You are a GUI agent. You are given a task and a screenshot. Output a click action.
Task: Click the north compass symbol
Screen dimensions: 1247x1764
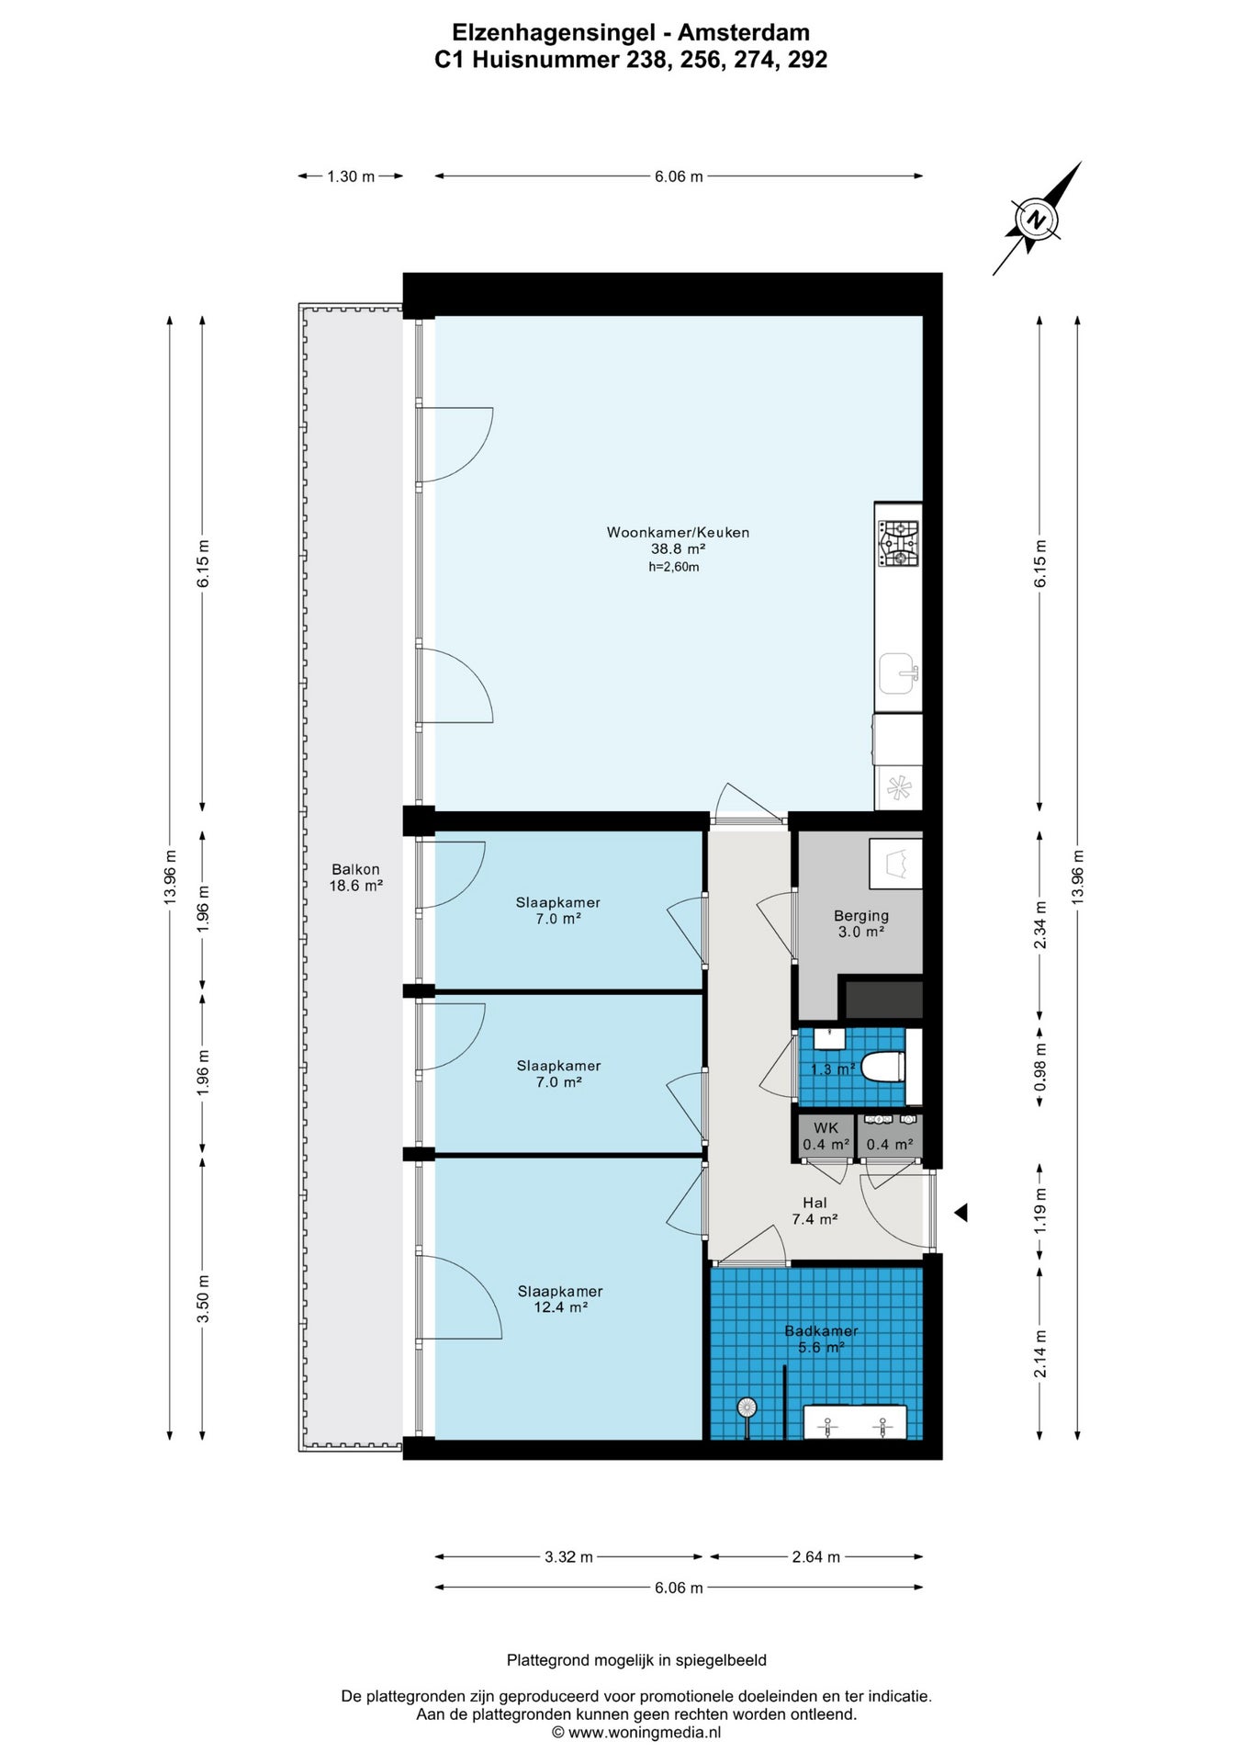(x=1037, y=220)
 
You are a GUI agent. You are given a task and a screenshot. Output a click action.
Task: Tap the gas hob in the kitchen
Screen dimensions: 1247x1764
(x=899, y=543)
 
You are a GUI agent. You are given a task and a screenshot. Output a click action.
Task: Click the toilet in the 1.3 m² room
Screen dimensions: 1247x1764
(x=885, y=1067)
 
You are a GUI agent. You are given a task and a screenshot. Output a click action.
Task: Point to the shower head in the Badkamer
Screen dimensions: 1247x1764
(x=747, y=1407)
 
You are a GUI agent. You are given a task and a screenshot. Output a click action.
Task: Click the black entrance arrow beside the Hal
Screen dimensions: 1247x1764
(x=961, y=1214)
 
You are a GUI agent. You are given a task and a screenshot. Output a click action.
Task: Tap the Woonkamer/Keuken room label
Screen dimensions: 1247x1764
(x=678, y=540)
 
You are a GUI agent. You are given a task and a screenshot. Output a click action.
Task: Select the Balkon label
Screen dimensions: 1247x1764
(x=355, y=877)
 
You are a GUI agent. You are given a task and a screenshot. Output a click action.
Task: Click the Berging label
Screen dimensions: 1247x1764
(x=861, y=923)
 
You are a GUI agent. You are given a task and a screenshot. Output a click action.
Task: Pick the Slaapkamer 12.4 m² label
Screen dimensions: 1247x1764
(x=560, y=1299)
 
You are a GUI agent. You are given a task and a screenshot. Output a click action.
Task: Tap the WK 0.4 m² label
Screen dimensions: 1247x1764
(x=826, y=1136)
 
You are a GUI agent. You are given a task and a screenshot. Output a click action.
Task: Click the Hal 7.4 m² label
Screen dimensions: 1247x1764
(x=814, y=1211)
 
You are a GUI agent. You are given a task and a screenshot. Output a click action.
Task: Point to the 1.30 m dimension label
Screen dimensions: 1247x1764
(x=351, y=176)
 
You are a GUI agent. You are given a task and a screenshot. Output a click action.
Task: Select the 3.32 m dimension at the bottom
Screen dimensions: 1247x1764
(x=568, y=1556)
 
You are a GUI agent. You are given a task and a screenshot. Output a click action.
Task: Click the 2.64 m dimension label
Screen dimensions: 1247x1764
(x=815, y=1556)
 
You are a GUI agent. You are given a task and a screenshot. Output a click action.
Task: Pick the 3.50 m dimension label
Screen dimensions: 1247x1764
(x=203, y=1298)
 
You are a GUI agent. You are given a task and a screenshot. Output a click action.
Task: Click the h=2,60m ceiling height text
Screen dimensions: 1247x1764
(x=674, y=567)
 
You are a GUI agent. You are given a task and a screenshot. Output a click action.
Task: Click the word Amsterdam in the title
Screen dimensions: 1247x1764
(x=744, y=33)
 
